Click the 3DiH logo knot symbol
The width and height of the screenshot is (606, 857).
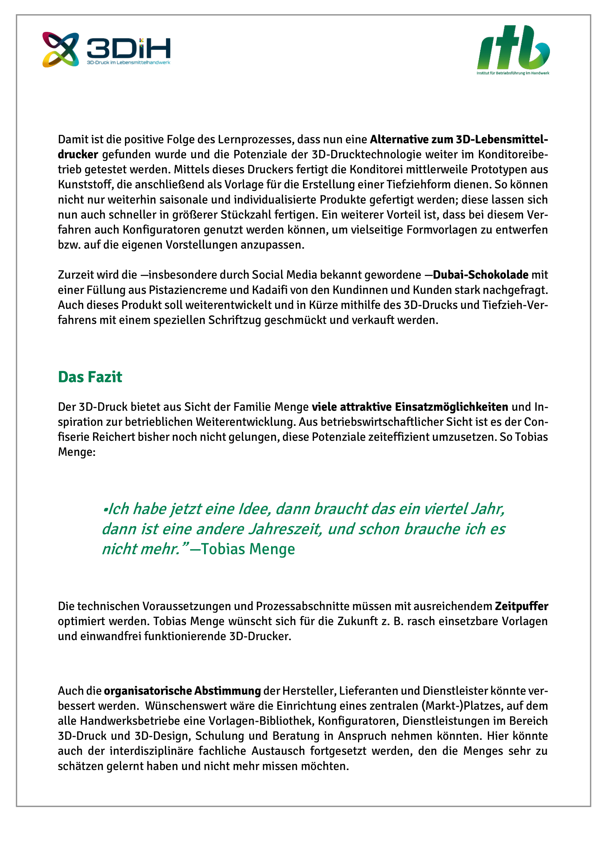pos(60,49)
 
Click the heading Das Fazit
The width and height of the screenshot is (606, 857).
pos(90,377)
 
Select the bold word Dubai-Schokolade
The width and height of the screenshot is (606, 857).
pos(481,275)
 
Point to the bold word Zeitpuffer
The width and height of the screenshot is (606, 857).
pos(521,606)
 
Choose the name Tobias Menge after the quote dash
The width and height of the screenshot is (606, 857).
pos(248,549)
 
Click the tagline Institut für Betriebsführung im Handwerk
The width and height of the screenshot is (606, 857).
pos(513,73)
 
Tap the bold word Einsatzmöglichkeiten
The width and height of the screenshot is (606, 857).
pos(451,407)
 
